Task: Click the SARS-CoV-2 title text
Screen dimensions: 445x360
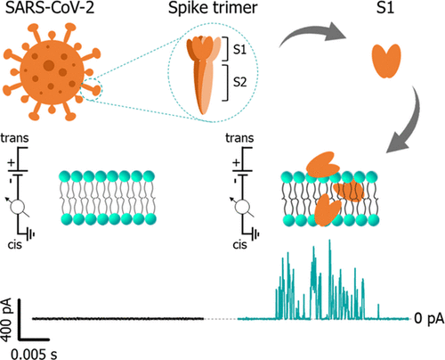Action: (50, 8)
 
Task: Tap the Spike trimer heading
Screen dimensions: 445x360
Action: (213, 8)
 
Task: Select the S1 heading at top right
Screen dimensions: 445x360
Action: (385, 8)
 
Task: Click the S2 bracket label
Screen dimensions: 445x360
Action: (239, 82)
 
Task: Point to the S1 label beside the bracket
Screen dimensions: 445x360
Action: (239, 49)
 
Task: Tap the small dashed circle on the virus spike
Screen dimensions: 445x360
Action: (92, 88)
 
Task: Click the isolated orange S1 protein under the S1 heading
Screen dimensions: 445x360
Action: (386, 61)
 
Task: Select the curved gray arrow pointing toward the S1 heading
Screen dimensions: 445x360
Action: (311, 33)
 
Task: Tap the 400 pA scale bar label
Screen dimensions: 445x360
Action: (6, 320)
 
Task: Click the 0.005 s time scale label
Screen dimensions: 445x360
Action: (34, 354)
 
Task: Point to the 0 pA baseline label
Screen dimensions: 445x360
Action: (429, 318)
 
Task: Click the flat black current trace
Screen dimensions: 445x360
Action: (118, 319)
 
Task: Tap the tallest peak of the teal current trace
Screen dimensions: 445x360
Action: (329, 241)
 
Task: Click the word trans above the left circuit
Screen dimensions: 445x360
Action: (14, 138)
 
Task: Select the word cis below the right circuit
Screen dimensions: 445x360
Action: (239, 244)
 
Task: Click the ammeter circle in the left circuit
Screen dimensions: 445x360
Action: (18, 207)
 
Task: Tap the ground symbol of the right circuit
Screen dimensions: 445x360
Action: (255, 234)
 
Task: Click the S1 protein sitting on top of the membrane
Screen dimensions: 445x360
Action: (322, 164)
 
